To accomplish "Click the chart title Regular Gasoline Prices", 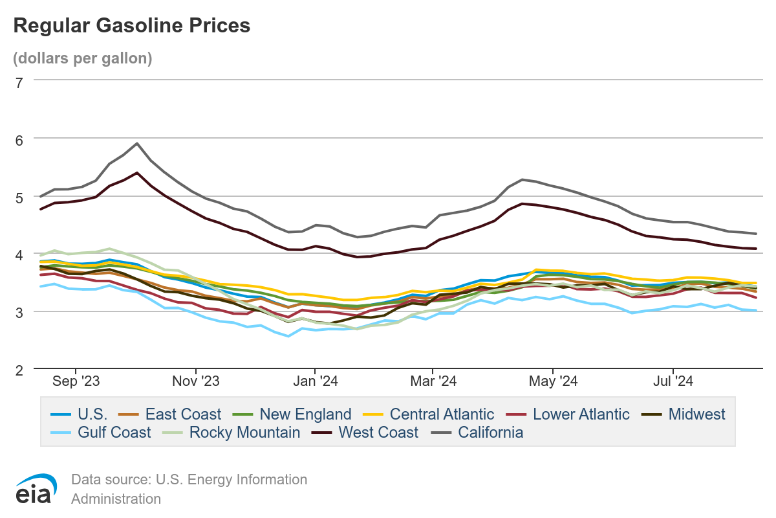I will tap(131, 25).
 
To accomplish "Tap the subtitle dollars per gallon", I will tap(83, 58).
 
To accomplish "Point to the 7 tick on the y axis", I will tap(19, 82).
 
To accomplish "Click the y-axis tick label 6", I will tap(19, 139).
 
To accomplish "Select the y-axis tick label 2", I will tap(19, 370).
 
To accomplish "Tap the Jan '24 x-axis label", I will tap(314, 381).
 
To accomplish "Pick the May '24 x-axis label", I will tap(554, 381).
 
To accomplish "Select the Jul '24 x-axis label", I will tap(673, 381).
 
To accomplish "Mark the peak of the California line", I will tap(137, 144).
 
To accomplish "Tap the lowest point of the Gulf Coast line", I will tap(288, 336).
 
